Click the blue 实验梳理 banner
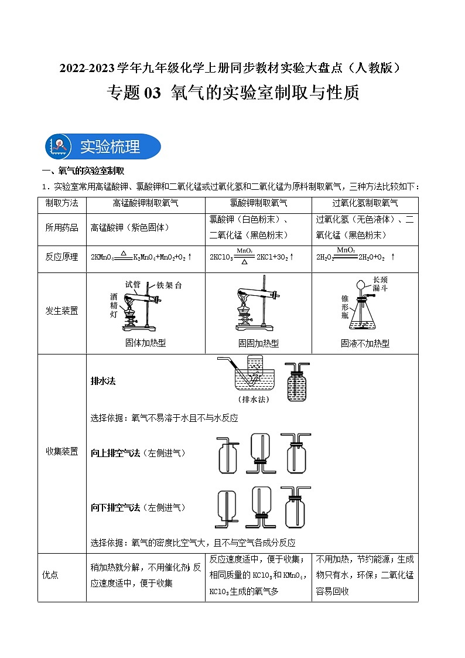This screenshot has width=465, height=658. click(103, 146)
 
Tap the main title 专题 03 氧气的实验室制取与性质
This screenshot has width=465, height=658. click(232, 93)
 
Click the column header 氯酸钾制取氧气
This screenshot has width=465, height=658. click(258, 203)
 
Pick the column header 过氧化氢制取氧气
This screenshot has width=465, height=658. click(365, 203)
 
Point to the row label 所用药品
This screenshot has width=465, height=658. click(61, 227)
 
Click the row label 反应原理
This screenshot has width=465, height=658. click(61, 257)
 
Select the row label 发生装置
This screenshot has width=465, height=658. click(61, 311)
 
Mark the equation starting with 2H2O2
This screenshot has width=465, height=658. click(355, 257)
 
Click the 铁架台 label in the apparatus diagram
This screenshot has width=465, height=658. click(169, 285)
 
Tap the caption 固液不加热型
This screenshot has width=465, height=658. click(365, 344)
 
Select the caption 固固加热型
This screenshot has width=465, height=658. click(258, 344)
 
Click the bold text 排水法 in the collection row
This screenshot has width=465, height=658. click(103, 381)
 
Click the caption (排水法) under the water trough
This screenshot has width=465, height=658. click(254, 400)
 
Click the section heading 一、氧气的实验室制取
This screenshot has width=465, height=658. click(83, 171)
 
